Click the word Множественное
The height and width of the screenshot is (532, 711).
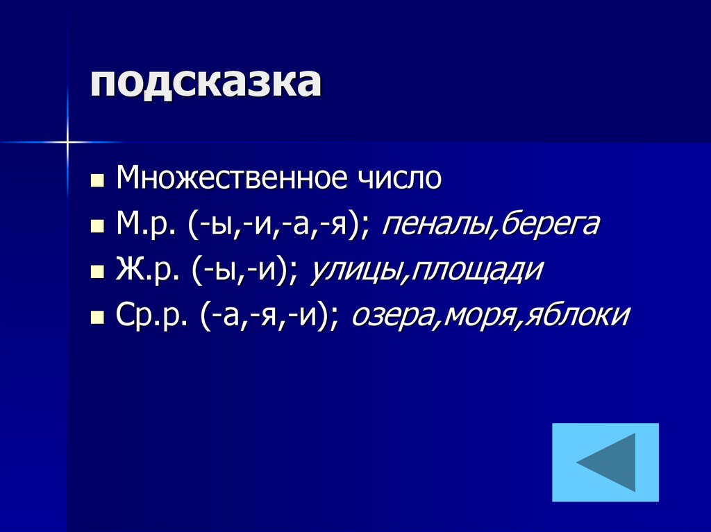click(231, 178)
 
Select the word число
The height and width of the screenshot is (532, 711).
click(399, 178)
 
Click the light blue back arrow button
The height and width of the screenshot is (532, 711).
click(605, 462)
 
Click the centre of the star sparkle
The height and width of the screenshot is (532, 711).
click(67, 141)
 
